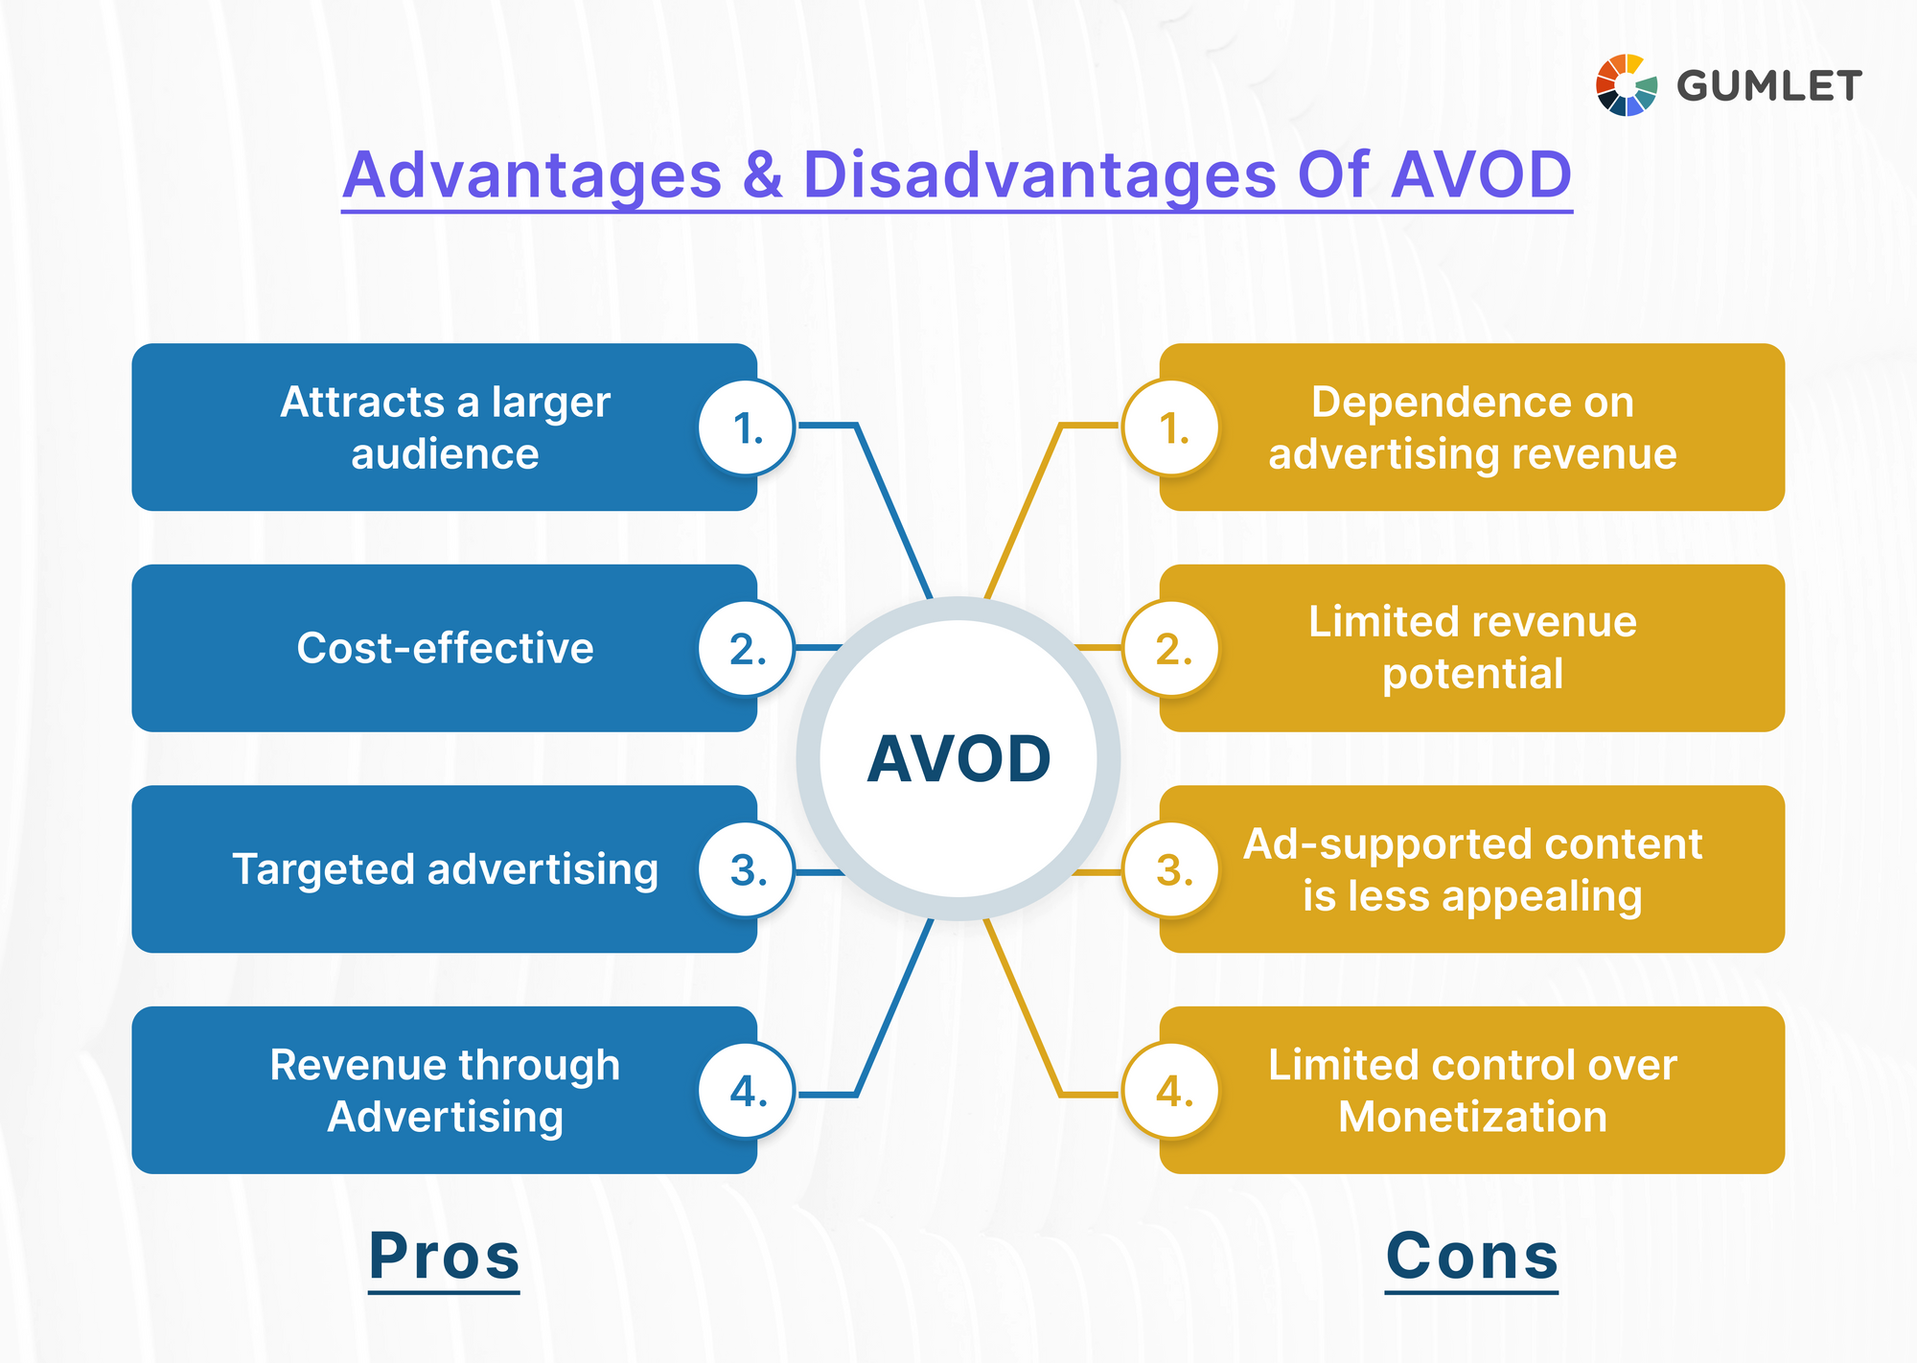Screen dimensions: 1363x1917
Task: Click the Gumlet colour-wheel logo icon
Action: click(x=1626, y=85)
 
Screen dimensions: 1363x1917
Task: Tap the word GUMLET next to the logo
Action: click(x=1768, y=86)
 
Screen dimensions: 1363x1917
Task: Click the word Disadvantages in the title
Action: click(x=1039, y=175)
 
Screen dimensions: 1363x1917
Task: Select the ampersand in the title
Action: click(x=762, y=175)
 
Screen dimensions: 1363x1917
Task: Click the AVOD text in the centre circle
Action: click(x=958, y=759)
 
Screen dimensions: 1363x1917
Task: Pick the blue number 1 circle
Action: click(x=747, y=427)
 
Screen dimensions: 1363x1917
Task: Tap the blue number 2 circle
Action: click(x=747, y=649)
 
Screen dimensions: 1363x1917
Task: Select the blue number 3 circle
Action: click(x=747, y=870)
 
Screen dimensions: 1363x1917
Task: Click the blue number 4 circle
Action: click(x=747, y=1091)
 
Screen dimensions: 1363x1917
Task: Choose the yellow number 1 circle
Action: click(x=1171, y=427)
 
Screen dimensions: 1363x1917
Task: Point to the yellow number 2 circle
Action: click(x=1171, y=649)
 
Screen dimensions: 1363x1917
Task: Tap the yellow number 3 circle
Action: click(x=1171, y=870)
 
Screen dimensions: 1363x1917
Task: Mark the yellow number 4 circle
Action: click(x=1171, y=1091)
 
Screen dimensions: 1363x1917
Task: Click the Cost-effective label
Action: click(x=445, y=649)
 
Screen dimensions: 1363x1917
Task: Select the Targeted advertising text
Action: click(x=445, y=870)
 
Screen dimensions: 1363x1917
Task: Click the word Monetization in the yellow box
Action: click(x=1472, y=1118)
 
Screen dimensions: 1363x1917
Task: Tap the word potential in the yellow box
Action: click(x=1472, y=674)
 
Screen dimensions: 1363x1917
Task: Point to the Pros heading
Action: click(x=444, y=1256)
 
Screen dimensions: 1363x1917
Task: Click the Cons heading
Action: click(x=1471, y=1256)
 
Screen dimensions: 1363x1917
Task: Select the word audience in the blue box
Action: click(x=445, y=454)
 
